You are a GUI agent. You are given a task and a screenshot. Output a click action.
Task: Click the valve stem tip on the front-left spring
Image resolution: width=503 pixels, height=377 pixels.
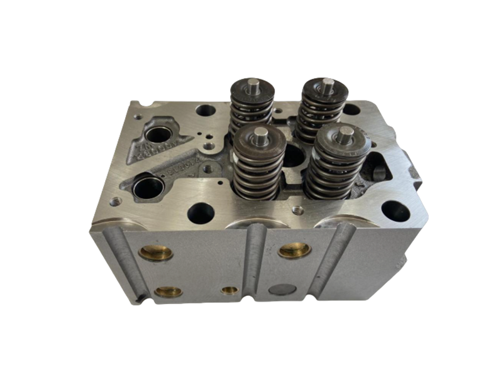[x=260, y=133]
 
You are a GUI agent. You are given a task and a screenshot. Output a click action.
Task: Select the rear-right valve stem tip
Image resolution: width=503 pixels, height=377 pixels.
[x=327, y=83]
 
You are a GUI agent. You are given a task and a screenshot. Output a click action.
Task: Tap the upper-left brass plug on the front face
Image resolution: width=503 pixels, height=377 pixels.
[x=155, y=253]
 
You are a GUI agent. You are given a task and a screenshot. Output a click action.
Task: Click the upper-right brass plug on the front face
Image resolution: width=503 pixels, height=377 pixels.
[x=294, y=250]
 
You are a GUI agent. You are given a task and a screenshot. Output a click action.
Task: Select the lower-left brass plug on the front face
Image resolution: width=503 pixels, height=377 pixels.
[x=168, y=292]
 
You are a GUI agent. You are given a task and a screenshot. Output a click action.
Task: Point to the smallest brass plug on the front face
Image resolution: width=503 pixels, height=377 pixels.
[x=230, y=290]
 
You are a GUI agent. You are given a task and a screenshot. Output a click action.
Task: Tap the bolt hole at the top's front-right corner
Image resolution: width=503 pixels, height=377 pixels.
[x=395, y=211]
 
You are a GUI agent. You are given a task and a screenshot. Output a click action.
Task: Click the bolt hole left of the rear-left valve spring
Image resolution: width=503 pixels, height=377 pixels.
[x=206, y=111]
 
